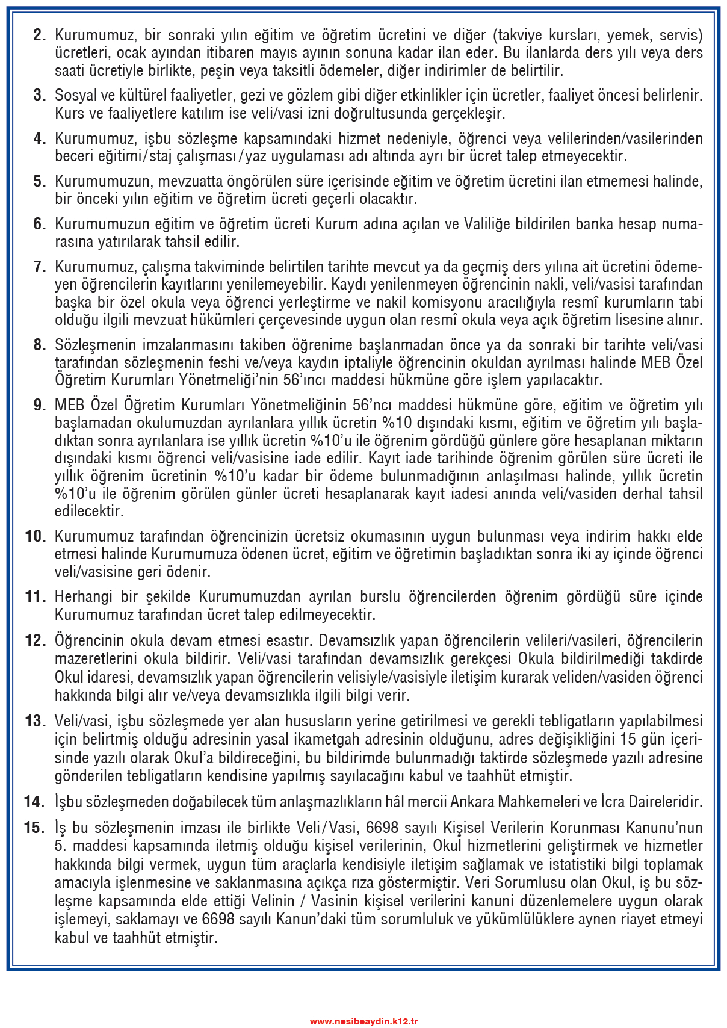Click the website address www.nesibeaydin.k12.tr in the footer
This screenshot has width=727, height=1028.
363,1021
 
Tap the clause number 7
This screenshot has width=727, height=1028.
40,267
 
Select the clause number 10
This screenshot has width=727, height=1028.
36,536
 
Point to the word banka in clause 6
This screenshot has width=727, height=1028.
596,224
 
